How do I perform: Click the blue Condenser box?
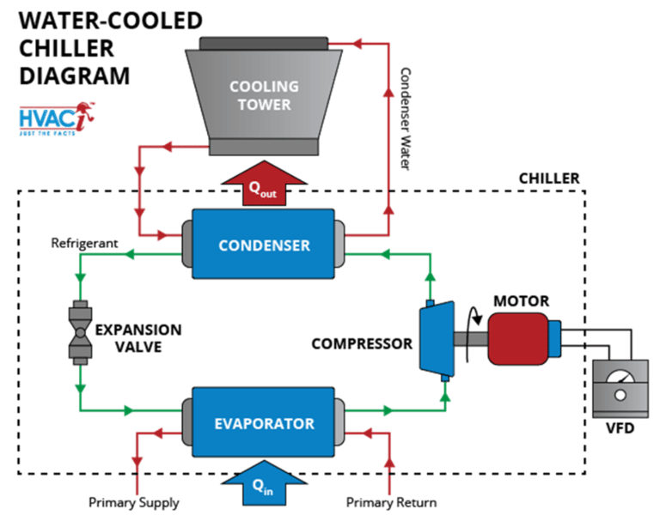[x=263, y=245]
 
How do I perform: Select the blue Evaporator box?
[x=264, y=423]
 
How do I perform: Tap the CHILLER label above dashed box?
[x=548, y=179]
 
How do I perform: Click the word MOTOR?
[x=521, y=300]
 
